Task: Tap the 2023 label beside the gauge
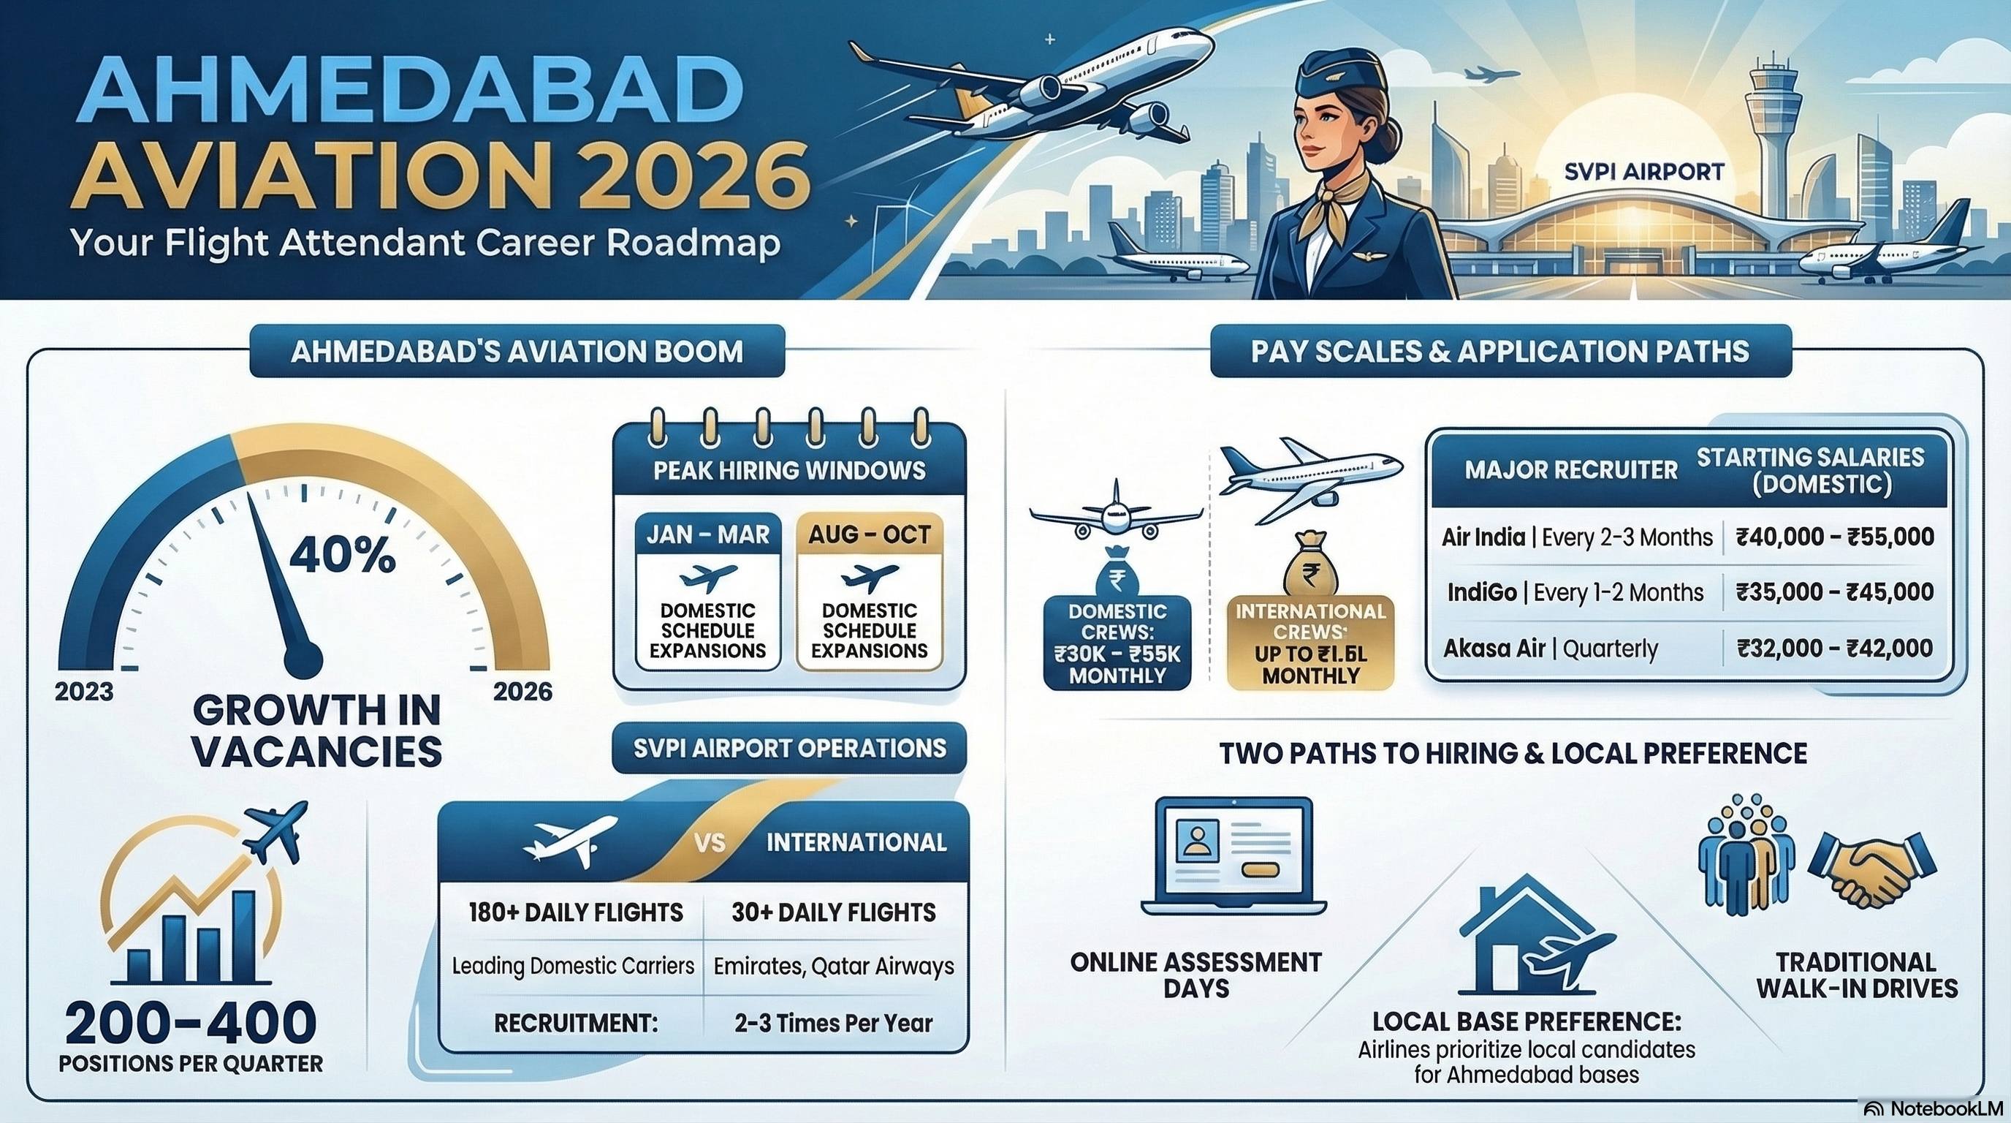pos(83,692)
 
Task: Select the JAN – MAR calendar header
pos(708,534)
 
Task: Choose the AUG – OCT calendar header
pos(870,534)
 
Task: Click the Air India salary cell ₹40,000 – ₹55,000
pos(1835,537)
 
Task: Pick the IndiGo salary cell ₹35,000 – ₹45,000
pos(1835,591)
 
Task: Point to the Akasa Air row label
pos(1494,649)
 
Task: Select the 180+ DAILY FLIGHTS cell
pos(575,912)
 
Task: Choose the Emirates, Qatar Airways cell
pos(834,966)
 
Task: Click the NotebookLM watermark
pos(1934,1110)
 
